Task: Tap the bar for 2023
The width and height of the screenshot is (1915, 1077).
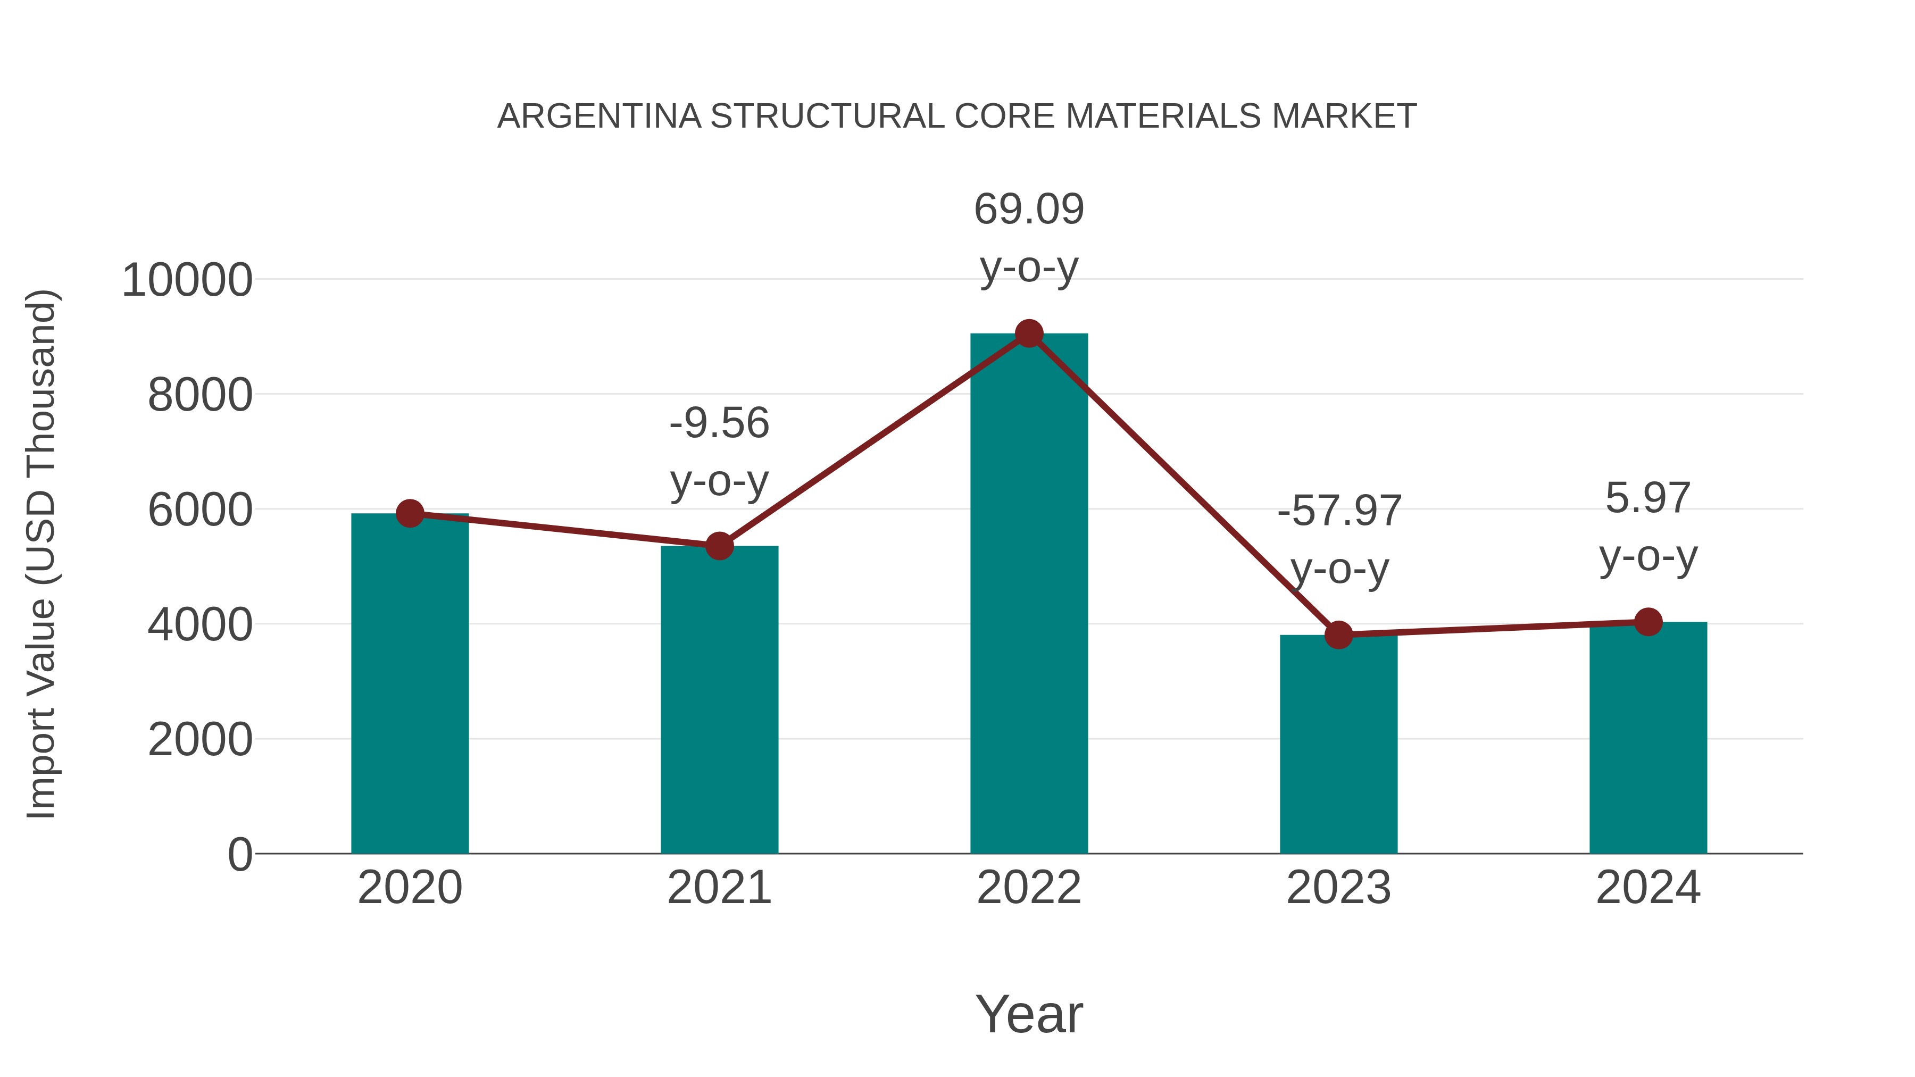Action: click(1338, 744)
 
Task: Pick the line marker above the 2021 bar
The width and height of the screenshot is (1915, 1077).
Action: click(719, 546)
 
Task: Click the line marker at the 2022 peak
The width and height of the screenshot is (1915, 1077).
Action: click(1029, 333)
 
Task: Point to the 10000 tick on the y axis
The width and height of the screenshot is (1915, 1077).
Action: click(187, 281)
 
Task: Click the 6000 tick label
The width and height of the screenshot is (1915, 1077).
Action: click(200, 511)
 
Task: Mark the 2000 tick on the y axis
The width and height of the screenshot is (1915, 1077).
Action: click(200, 740)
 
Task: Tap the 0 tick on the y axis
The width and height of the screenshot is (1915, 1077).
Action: click(239, 855)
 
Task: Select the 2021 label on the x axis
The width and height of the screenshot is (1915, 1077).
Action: click(719, 888)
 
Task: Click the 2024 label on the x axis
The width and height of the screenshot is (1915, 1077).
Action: click(1648, 888)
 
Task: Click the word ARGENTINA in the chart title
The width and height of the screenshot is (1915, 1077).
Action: click(599, 116)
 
